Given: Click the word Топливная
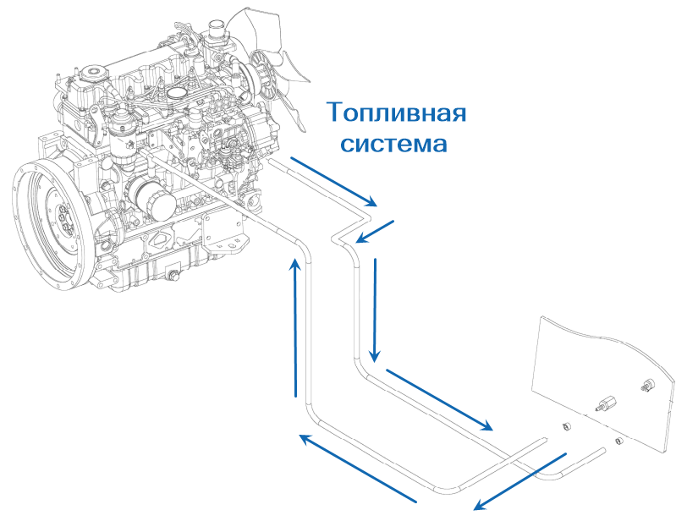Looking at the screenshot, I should (x=396, y=112).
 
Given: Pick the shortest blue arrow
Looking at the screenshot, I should (x=371, y=229).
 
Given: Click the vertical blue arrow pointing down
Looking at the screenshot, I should (x=374, y=309).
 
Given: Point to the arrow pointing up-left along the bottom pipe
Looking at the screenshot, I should (x=359, y=469).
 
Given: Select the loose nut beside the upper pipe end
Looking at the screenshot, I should (x=568, y=425).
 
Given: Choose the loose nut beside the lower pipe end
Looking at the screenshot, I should (x=618, y=441).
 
